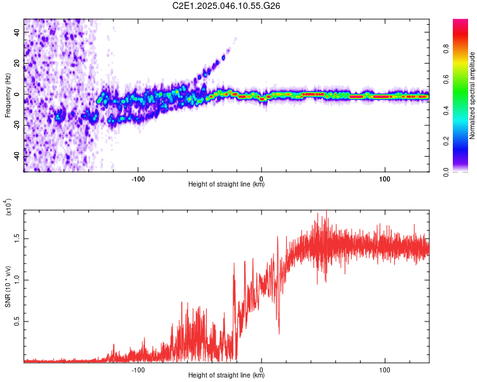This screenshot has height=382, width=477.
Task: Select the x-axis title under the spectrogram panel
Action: point(226,185)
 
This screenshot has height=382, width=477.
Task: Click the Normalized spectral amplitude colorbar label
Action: point(473,95)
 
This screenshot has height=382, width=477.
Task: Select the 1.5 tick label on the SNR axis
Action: point(17,238)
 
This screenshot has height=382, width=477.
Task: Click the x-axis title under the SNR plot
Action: point(226,376)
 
